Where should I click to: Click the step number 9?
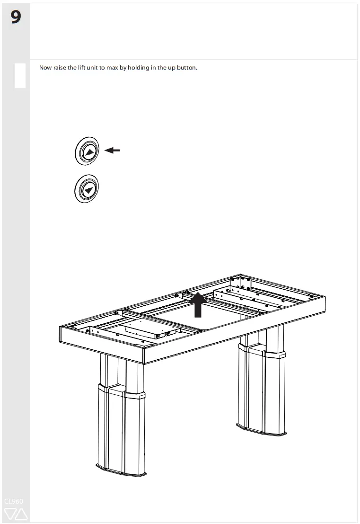[x=16, y=18]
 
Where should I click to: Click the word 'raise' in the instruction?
[x=60, y=68]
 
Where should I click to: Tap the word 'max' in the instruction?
[x=112, y=68]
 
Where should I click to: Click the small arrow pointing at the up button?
[x=112, y=151]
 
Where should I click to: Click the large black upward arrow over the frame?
[x=198, y=304]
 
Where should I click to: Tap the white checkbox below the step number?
[x=20, y=76]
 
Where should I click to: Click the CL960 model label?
[x=14, y=501]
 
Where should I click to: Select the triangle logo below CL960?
[x=16, y=514]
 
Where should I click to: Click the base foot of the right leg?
[x=262, y=429]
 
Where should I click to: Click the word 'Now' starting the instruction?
[x=45, y=68]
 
